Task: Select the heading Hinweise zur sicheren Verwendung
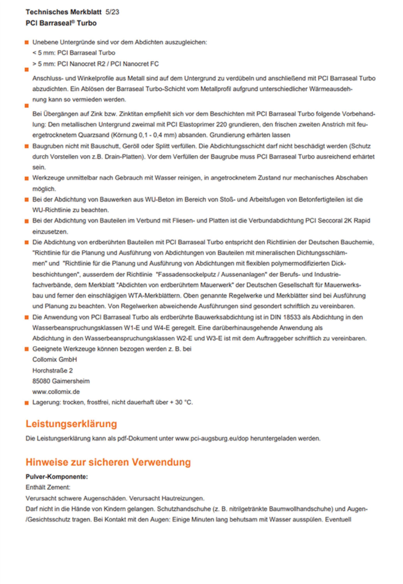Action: pos(108,462)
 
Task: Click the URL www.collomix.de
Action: pos(56,392)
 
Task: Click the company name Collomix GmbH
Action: pos(55,359)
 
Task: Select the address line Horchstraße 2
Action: pos(53,370)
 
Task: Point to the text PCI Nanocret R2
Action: pos(81,64)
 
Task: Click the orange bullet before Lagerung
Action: pos(27,403)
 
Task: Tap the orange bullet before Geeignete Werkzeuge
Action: pos(27,349)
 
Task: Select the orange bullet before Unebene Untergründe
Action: pos(27,42)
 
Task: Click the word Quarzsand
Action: pos(93,135)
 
